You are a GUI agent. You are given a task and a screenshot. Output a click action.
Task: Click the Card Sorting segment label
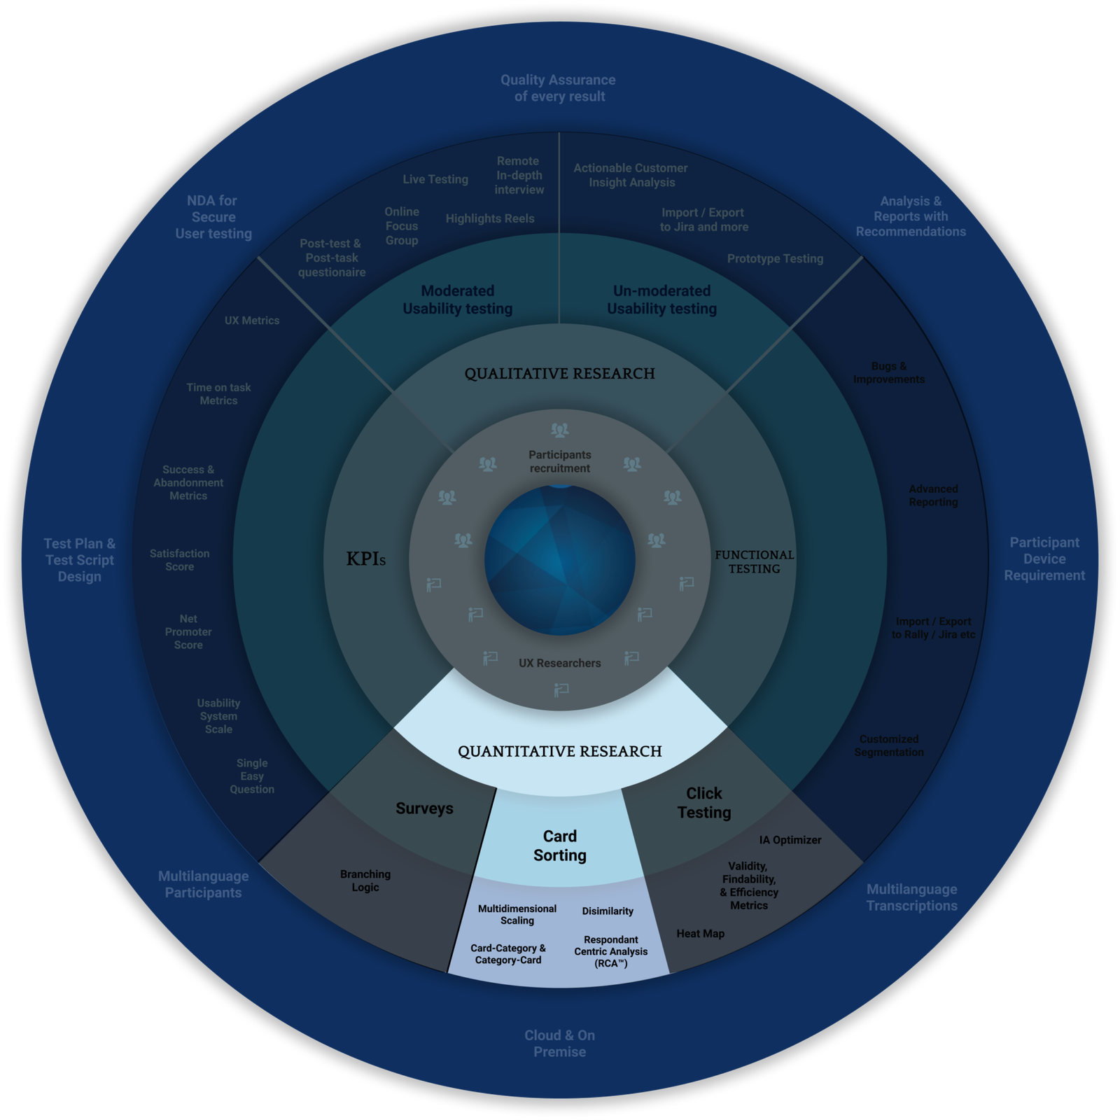560,846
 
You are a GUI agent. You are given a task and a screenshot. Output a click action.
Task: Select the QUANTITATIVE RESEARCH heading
560,752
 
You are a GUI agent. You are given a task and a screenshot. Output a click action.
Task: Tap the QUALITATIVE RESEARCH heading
560,374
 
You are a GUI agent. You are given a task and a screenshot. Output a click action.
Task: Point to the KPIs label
366,559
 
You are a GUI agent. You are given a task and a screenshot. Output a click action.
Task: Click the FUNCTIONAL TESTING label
754,561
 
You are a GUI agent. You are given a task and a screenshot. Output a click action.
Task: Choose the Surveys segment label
424,808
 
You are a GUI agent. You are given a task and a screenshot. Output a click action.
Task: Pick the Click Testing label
704,803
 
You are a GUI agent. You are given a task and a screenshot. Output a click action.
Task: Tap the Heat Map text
700,934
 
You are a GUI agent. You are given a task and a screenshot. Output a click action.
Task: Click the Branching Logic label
365,881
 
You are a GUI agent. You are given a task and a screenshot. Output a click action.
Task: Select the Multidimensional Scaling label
517,914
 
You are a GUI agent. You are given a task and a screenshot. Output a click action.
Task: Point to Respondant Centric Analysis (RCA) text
611,951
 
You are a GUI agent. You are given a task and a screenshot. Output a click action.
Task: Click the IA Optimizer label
790,840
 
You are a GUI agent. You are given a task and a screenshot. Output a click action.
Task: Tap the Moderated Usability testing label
458,300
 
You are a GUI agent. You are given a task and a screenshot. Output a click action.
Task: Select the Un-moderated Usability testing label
662,300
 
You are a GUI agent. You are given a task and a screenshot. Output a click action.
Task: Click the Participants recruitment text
560,461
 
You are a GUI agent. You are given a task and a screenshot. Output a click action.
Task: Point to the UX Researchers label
560,663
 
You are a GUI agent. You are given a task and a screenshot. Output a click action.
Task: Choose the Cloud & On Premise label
560,1043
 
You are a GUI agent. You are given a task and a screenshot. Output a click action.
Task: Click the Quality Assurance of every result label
559,88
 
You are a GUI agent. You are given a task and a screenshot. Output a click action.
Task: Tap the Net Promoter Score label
188,632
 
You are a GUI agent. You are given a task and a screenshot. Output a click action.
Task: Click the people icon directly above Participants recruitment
560,430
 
